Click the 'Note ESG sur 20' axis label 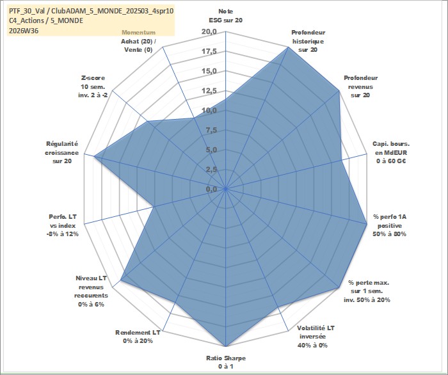[226, 16]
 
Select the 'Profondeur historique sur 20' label [308, 41]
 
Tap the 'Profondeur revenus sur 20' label [360, 86]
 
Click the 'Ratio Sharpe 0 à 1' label [226, 362]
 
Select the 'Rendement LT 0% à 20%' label [138, 337]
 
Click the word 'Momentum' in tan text [139, 33]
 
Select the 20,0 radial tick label [209, 32]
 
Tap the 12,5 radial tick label [209, 91]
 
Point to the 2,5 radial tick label [211, 170]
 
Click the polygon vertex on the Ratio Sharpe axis [226, 346]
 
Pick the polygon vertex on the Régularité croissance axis [94, 157]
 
